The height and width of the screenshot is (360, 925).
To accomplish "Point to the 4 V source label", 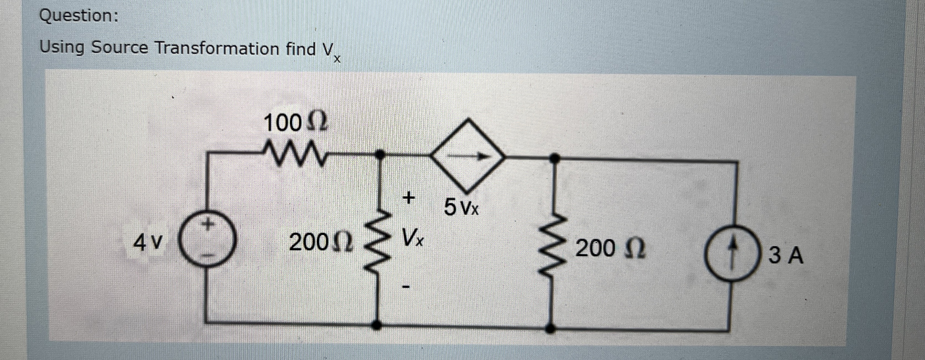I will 148,243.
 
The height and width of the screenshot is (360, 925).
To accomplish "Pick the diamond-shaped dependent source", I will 467,155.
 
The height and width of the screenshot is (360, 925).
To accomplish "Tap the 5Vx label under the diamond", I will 461,207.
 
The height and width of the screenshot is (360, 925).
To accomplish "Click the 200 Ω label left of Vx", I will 321,243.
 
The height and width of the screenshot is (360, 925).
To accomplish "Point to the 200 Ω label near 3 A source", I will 610,248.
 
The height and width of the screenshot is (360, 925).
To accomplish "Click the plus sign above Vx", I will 408,197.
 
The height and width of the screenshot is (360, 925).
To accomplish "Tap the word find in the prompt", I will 301,49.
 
